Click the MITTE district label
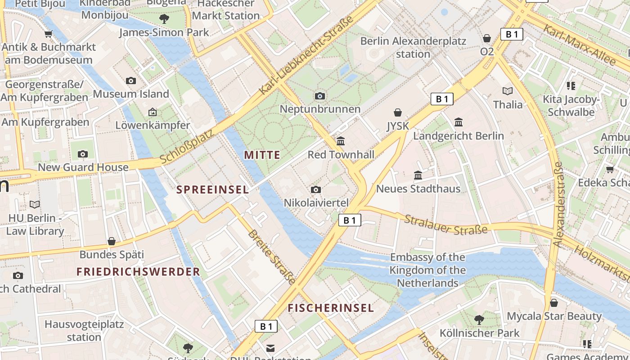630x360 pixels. pyautogui.click(x=262, y=155)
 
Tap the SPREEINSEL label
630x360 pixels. pyautogui.click(x=212, y=190)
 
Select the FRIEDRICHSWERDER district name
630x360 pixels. pyautogui.click(x=138, y=272)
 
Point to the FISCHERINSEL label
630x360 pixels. pyautogui.click(x=331, y=308)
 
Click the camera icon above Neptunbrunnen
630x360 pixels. pyautogui.click(x=320, y=96)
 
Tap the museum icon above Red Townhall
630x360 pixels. pyautogui.click(x=341, y=141)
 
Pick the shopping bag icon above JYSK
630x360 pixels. pyautogui.click(x=398, y=112)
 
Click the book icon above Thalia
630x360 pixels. pyautogui.click(x=508, y=91)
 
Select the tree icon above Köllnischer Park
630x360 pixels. pyautogui.click(x=479, y=319)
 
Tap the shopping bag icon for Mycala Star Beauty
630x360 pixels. pyautogui.click(x=554, y=303)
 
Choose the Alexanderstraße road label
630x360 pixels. pyautogui.click(x=558, y=205)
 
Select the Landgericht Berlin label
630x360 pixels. pyautogui.click(x=459, y=136)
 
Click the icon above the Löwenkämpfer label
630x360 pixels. pyautogui.click(x=153, y=112)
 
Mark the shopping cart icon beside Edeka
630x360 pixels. pyautogui.click(x=610, y=169)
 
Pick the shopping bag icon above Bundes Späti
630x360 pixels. pyautogui.click(x=112, y=242)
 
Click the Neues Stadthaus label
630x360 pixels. pyautogui.click(x=418, y=189)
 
